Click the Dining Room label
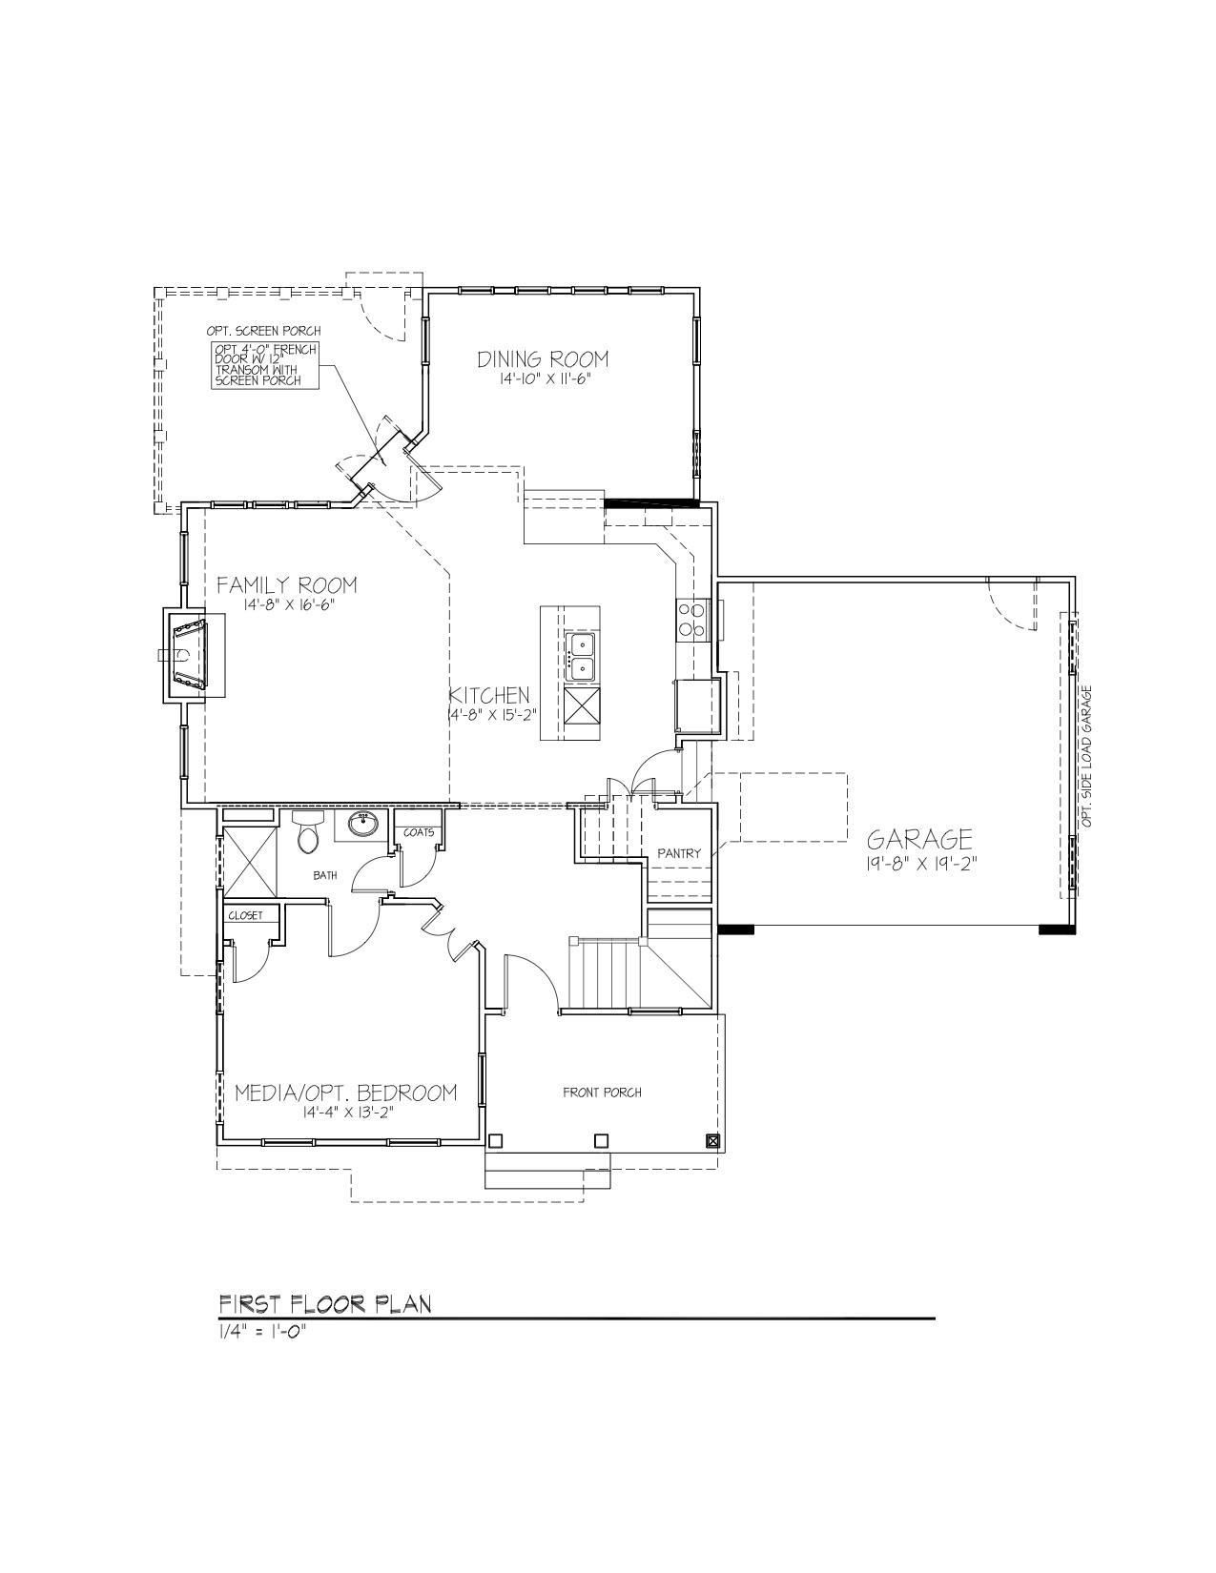pos(543,359)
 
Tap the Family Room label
pos(287,584)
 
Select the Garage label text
pos(919,840)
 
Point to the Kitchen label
pos(489,696)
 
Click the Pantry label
pos(679,853)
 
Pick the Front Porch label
pos(602,1092)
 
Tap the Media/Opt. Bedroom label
pos(346,1092)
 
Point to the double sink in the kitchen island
pos(581,656)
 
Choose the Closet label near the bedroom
pos(245,916)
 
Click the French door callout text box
pos(264,365)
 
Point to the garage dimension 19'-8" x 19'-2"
pos(920,864)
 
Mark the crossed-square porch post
pos(712,1141)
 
